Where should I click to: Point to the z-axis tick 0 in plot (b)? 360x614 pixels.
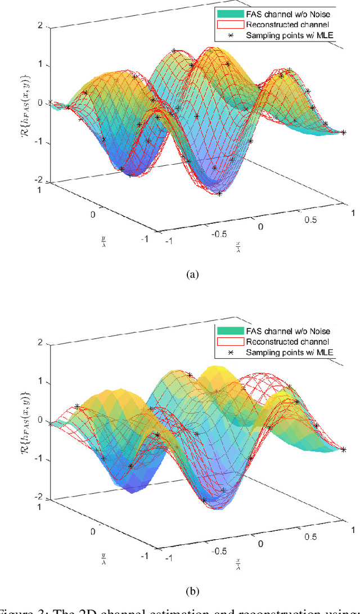click(x=40, y=420)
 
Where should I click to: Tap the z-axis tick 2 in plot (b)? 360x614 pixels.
click(x=40, y=342)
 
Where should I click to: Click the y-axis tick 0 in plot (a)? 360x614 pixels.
click(x=93, y=214)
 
